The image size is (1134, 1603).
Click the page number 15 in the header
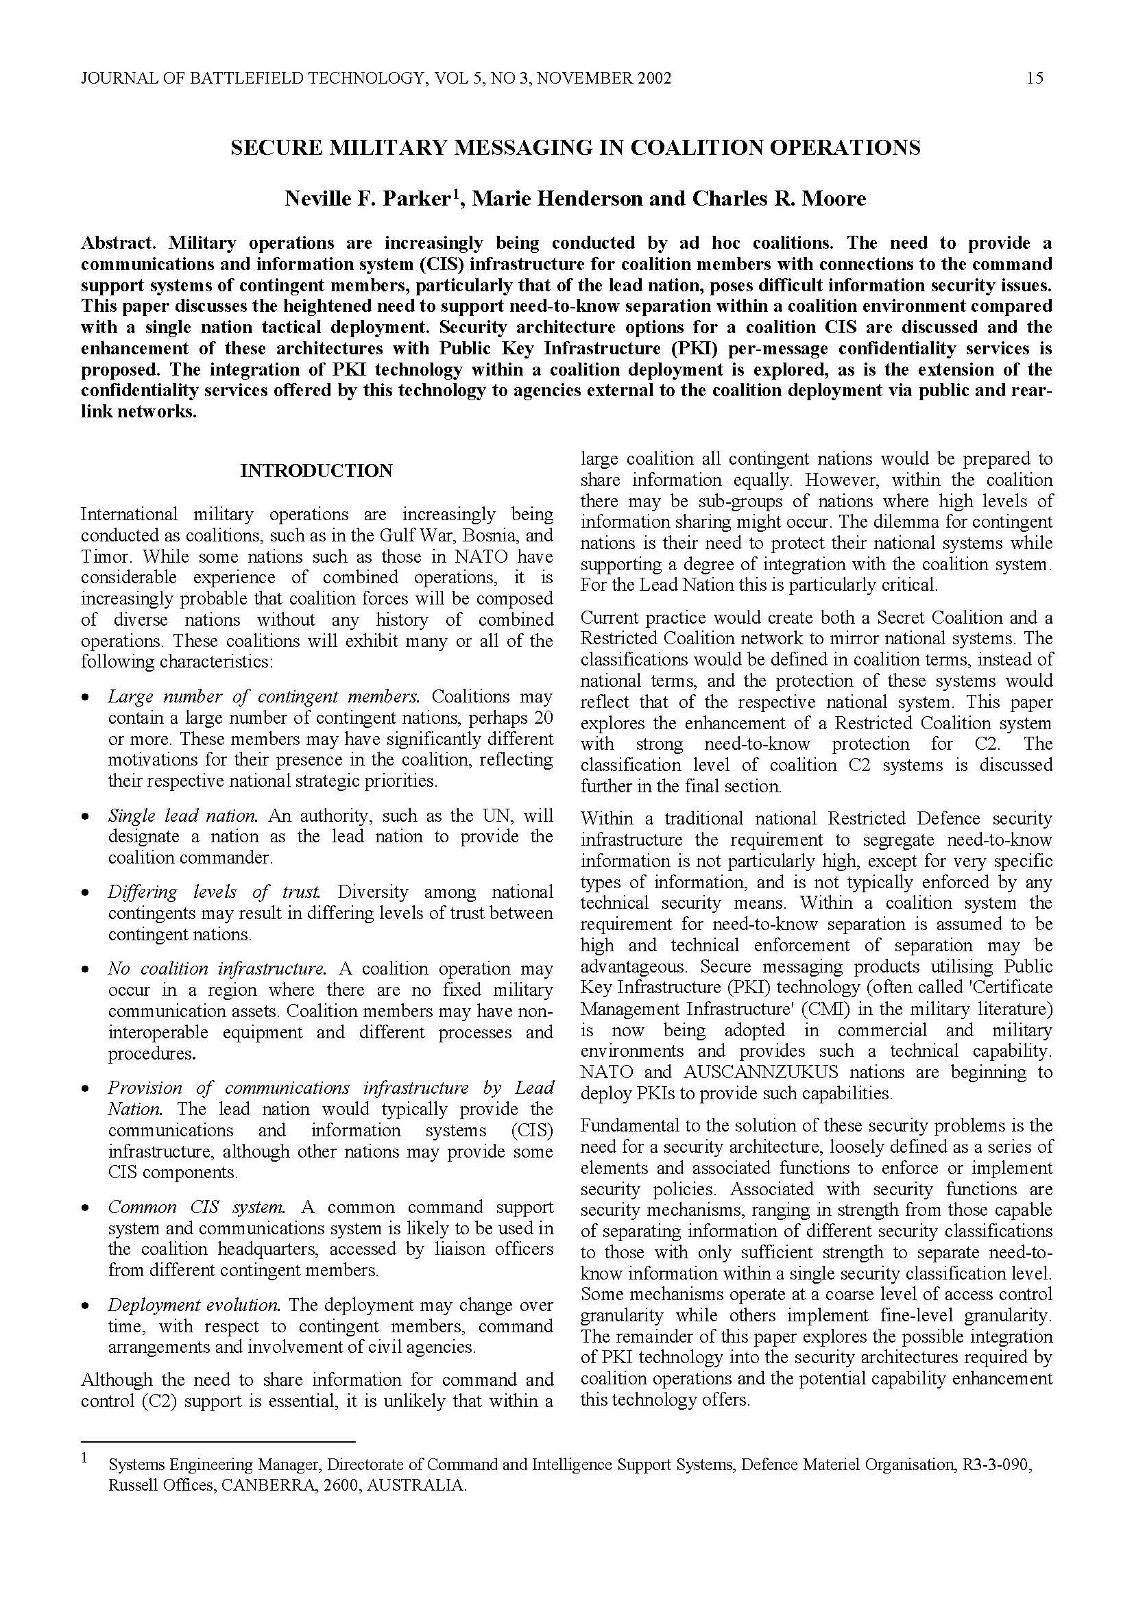(x=1035, y=78)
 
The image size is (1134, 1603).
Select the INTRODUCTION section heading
(x=316, y=471)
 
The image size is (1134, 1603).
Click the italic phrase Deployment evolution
(x=194, y=1305)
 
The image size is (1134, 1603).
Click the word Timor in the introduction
(x=101, y=556)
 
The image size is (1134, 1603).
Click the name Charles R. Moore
(x=779, y=199)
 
